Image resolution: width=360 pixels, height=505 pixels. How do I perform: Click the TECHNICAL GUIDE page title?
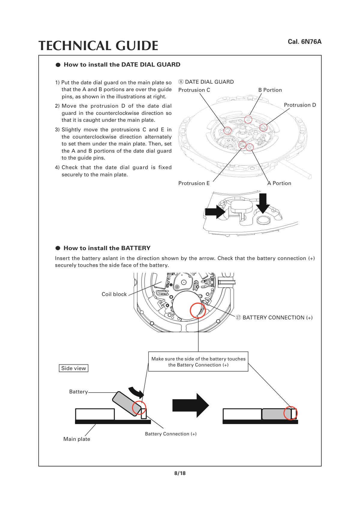tap(98, 46)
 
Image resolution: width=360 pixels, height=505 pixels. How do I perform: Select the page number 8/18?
tap(180, 474)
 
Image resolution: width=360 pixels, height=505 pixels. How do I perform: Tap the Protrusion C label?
tap(194, 90)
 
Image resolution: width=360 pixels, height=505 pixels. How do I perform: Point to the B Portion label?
tap(270, 90)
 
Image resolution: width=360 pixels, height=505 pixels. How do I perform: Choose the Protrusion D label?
tap(300, 105)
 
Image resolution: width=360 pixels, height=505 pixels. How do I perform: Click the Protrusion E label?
tap(194, 183)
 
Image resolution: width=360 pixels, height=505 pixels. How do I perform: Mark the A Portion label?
tap(279, 183)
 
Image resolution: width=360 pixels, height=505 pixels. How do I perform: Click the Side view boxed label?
tap(73, 368)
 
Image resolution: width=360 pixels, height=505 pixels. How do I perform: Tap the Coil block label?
tap(114, 294)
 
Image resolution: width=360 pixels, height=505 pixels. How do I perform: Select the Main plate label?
tap(76, 439)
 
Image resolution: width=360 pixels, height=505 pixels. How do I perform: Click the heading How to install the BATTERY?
tap(107, 248)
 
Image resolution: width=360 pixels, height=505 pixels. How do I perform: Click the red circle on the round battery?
tap(198, 311)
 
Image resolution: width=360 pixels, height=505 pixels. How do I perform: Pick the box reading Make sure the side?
tap(198, 362)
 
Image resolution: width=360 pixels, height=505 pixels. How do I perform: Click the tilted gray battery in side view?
tap(127, 404)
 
